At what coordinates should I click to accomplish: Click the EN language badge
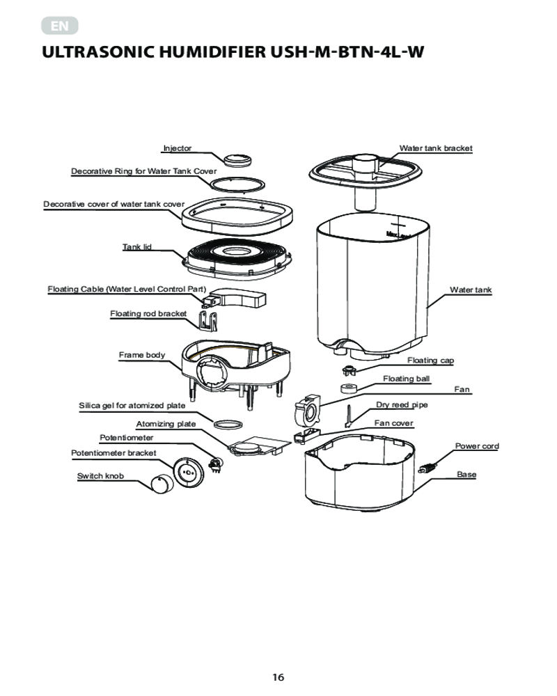[x=59, y=26]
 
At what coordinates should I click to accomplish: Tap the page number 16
[x=278, y=677]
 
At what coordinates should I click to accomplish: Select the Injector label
[x=178, y=148]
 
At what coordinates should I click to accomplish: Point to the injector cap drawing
[x=237, y=160]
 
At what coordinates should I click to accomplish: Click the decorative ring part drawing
[x=237, y=184]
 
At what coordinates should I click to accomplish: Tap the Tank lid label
[x=136, y=247]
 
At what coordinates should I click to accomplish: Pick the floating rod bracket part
[x=208, y=321]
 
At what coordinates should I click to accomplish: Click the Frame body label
[x=142, y=355]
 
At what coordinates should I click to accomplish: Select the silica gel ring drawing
[x=228, y=424]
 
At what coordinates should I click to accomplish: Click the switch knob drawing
[x=160, y=484]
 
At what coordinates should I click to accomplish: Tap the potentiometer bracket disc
[x=188, y=473]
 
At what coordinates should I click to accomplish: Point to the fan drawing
[x=307, y=409]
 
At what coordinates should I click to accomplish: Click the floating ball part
[x=350, y=388]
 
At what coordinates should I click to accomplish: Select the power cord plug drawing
[x=427, y=468]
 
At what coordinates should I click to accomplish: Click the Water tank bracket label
[x=436, y=148]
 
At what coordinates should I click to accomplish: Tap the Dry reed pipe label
[x=402, y=405]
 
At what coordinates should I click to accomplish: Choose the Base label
[x=466, y=475]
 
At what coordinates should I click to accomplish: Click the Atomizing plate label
[x=166, y=424]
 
